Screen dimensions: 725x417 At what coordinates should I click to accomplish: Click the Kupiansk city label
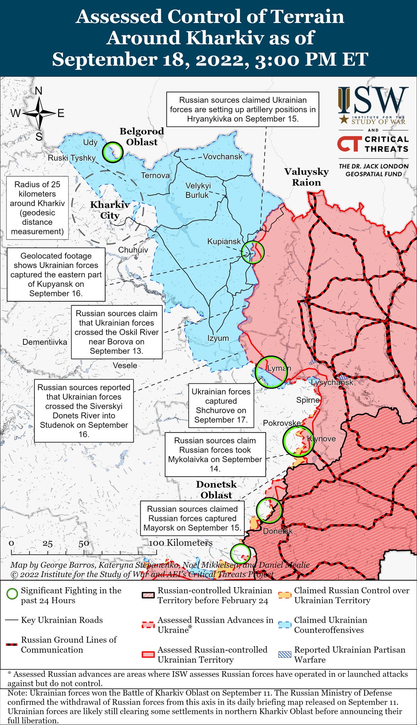click(224, 241)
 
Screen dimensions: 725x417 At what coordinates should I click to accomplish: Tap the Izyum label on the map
click(218, 338)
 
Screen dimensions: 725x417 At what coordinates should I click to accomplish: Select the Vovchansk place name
click(222, 156)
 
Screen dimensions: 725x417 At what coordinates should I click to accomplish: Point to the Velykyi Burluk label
click(198, 190)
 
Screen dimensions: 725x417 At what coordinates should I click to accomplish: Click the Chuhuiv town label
click(133, 250)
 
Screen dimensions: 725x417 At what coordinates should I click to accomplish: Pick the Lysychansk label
click(332, 382)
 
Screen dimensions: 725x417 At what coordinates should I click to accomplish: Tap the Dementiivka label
click(45, 342)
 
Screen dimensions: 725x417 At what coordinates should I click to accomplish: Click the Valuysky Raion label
click(306, 177)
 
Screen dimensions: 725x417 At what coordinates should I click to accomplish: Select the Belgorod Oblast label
click(142, 137)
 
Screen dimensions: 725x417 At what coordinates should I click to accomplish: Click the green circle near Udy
click(113, 152)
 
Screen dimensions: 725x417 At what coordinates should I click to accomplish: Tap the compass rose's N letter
click(39, 91)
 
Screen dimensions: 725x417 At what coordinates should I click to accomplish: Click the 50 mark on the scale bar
click(84, 544)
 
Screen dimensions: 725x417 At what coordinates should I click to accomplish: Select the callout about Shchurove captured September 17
click(221, 406)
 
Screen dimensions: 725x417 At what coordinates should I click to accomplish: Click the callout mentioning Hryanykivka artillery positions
click(243, 109)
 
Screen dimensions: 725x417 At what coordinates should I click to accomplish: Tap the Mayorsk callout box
click(192, 518)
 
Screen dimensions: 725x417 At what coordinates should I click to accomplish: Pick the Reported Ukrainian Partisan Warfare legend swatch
click(286, 654)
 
